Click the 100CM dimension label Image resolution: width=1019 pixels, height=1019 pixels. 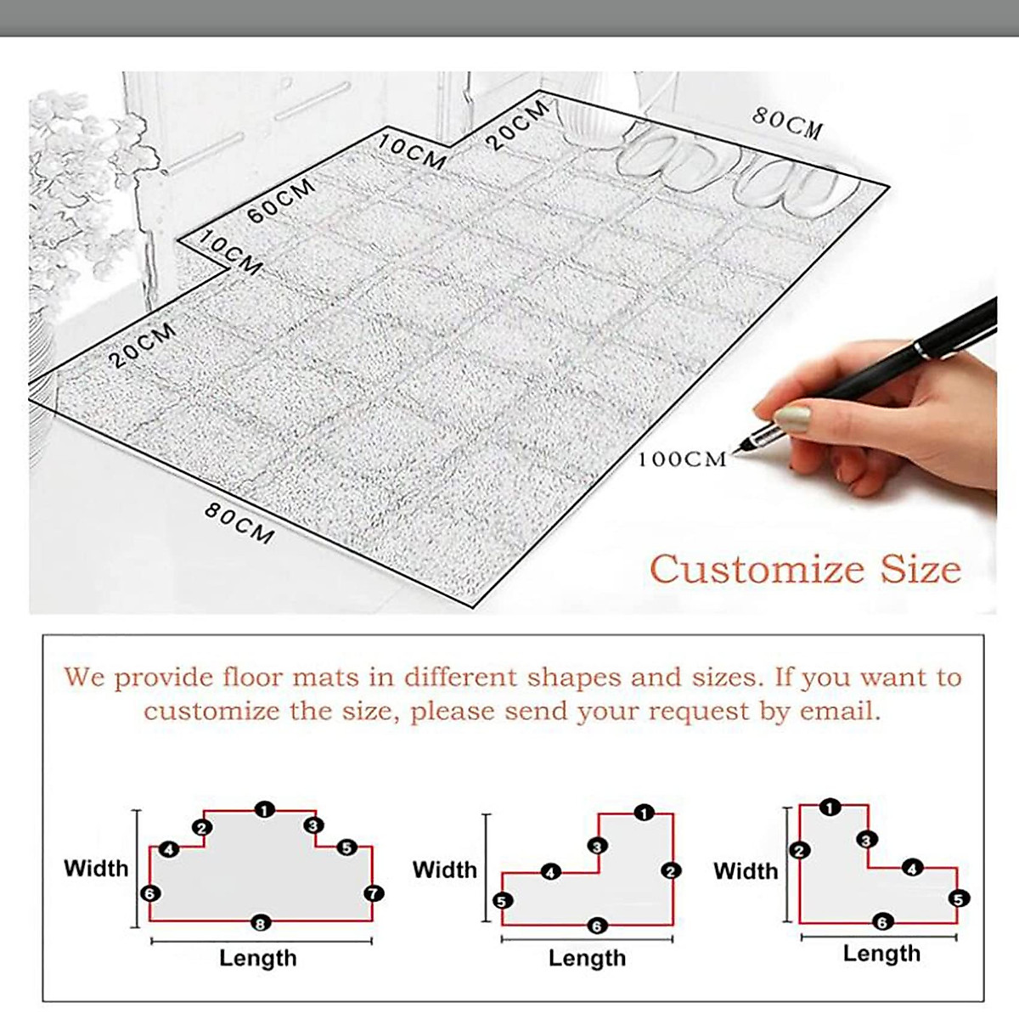point(683,459)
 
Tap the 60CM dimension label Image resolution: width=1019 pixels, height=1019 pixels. point(281,201)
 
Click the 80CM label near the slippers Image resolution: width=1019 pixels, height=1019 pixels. point(787,122)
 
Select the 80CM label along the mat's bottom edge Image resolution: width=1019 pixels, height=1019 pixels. point(239,523)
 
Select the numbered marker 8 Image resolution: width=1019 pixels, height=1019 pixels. point(261,922)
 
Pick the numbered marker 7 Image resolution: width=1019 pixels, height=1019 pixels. point(373,893)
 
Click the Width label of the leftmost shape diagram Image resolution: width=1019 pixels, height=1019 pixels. point(96,868)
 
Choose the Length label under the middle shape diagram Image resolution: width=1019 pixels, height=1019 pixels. point(587,958)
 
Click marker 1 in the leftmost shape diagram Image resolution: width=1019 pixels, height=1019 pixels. point(265,810)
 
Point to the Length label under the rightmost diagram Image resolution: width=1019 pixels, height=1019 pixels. point(881,954)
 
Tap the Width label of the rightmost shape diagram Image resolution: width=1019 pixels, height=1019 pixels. point(746,870)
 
